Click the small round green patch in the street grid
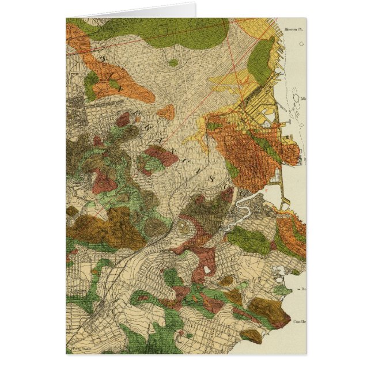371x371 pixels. pyautogui.click(x=173, y=62)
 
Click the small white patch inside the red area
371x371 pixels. pyautogui.click(x=206, y=270)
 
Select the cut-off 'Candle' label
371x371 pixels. pyautogui.click(x=299, y=322)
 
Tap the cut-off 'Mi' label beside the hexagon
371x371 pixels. pyautogui.click(x=303, y=98)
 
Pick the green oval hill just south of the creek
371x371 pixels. pyautogui.click(x=248, y=239)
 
